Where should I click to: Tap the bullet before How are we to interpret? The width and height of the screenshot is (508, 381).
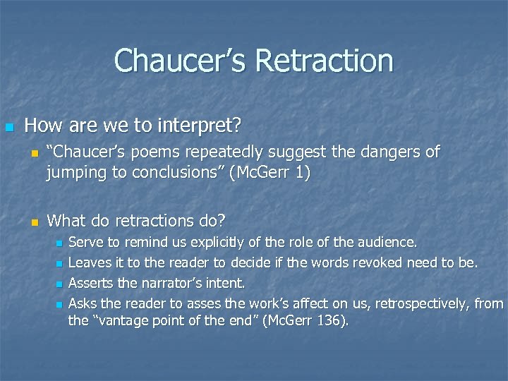pyautogui.click(x=8, y=128)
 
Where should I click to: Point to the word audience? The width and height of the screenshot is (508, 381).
pyautogui.click(x=387, y=243)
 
